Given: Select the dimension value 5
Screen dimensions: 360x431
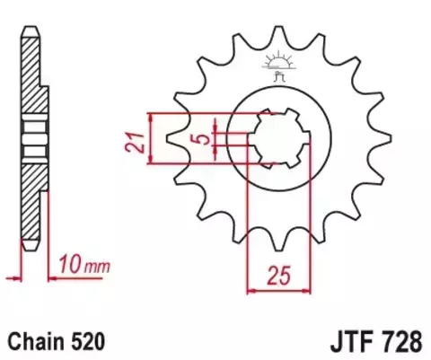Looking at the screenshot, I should [204, 140].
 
